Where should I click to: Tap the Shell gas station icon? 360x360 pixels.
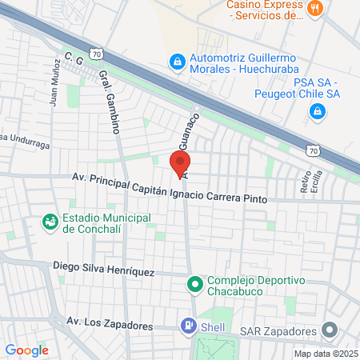coord(188,326)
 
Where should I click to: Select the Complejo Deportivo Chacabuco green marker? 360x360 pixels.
coord(194,284)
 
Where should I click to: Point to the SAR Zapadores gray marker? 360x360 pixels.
coord(329,330)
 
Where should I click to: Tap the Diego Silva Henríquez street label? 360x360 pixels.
coord(103,269)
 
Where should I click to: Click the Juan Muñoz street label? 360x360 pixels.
coord(54,84)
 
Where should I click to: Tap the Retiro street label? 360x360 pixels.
coord(305,185)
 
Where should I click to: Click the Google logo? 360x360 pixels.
coord(26,350)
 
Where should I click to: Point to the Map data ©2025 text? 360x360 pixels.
coord(326,354)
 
